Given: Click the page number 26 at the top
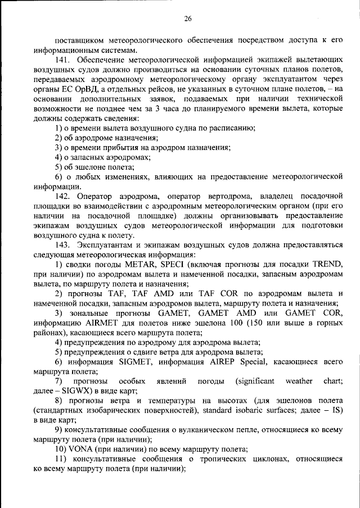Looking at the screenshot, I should tap(188, 19).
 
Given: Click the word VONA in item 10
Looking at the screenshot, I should tap(81, 449).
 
